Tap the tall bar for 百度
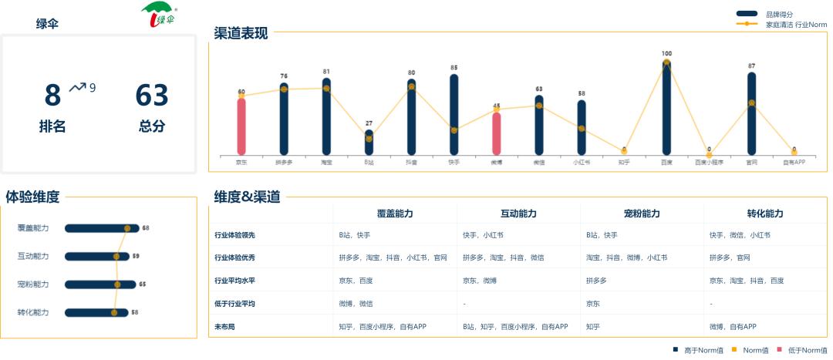pyautogui.click(x=666, y=107)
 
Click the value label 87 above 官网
pyautogui.click(x=751, y=66)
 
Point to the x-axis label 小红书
pyautogui.click(x=581, y=163)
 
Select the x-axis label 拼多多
pyautogui.click(x=284, y=163)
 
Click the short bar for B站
pyautogui.click(x=369, y=143)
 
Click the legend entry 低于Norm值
pyautogui.click(x=807, y=350)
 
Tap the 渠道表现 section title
pyautogui.click(x=241, y=33)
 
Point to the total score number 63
pyautogui.click(x=152, y=96)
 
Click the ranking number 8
pyautogui.click(x=52, y=96)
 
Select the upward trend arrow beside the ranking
pyautogui.click(x=77, y=87)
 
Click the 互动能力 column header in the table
pyautogui.click(x=518, y=214)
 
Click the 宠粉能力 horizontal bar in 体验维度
pyautogui.click(x=100, y=284)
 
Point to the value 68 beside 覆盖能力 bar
pyautogui.click(x=146, y=228)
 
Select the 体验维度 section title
pyautogui.click(x=32, y=197)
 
